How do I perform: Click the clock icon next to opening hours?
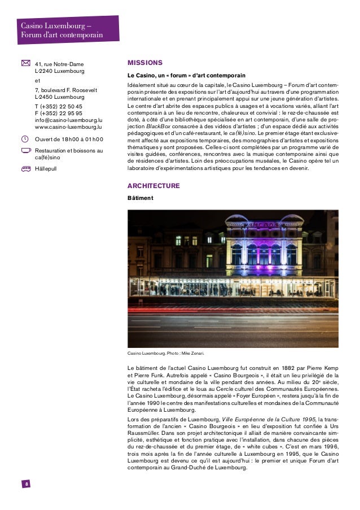pos(25,139)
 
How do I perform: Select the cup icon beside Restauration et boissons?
pos(25,150)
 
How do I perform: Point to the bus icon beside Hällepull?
pos(25,168)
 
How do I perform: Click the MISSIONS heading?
pos(145,63)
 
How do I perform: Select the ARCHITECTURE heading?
pos(153,186)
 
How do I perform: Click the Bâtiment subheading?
pos(141,198)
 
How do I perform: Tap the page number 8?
pos(26,484)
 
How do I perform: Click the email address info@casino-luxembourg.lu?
pos(68,120)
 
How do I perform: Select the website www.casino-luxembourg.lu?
pos(68,127)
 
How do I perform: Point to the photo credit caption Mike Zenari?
pos(166,354)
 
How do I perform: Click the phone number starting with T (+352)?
pos(58,106)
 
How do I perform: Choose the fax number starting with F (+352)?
pos(58,113)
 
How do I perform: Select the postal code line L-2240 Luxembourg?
pos(59,72)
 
